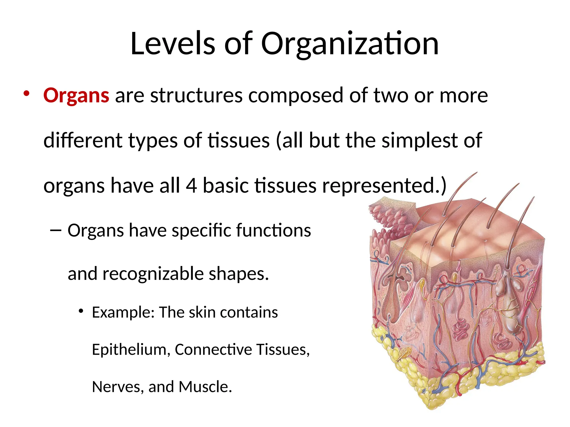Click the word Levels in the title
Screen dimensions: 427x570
point(173,44)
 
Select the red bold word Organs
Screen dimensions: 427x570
point(76,95)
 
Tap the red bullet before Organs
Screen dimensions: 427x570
point(26,94)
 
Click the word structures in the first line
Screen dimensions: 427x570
point(196,95)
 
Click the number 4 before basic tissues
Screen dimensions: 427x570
point(191,185)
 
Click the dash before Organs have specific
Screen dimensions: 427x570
point(55,230)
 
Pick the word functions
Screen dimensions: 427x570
point(273,230)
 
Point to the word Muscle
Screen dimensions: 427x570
point(205,387)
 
